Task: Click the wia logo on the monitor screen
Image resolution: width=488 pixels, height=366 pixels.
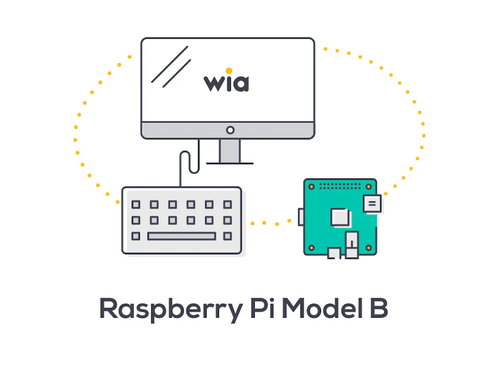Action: coord(227,82)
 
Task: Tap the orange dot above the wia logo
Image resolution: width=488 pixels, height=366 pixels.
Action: coord(229,70)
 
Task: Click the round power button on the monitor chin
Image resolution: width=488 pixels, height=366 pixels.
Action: coord(230,130)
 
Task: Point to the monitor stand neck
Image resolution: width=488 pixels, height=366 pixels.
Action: coord(230,150)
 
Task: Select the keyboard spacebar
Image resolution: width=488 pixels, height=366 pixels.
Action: coord(181,236)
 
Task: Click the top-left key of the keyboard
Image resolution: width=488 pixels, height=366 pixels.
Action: coord(136,204)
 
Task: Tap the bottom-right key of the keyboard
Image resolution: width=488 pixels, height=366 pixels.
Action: coord(227,236)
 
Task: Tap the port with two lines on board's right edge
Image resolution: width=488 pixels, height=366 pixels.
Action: coord(373,204)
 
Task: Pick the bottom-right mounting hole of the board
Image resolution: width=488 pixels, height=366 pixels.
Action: coord(369,248)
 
